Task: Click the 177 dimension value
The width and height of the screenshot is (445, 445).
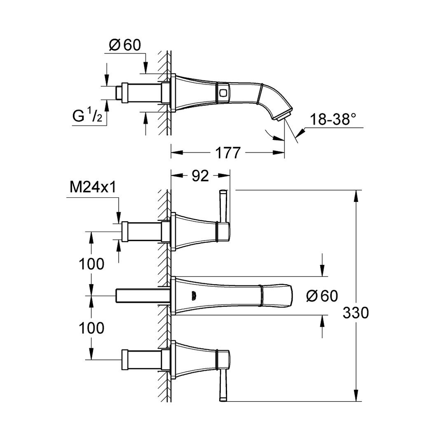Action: click(227, 153)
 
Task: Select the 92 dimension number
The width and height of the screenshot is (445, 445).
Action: click(200, 176)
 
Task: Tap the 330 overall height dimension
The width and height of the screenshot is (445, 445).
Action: click(356, 313)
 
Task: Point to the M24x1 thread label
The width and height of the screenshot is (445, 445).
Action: click(93, 187)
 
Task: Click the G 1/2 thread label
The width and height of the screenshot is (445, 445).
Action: click(87, 116)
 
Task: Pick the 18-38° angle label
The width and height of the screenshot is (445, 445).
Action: click(333, 119)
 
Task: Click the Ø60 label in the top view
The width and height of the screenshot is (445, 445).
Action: click(125, 45)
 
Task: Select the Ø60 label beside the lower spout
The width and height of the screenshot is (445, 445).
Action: click(322, 296)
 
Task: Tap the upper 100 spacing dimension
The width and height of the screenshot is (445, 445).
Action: click(91, 264)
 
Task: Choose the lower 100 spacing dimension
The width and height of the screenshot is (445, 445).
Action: click(91, 328)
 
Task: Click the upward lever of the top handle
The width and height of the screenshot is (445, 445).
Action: click(223, 206)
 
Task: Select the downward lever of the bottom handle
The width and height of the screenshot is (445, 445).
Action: click(223, 385)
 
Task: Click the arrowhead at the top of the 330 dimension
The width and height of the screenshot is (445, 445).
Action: click(356, 196)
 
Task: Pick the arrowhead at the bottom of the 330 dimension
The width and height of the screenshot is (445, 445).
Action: click(356, 395)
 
